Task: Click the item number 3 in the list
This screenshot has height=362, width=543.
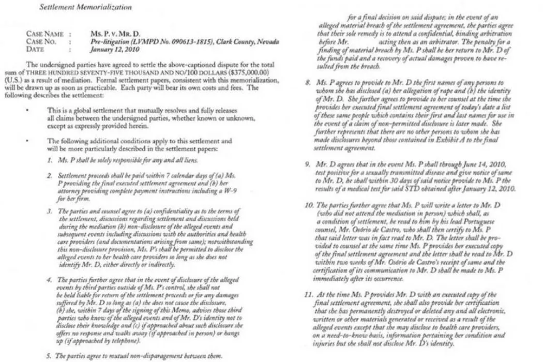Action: [49, 212]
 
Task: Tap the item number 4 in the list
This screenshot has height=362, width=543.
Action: [49, 281]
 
